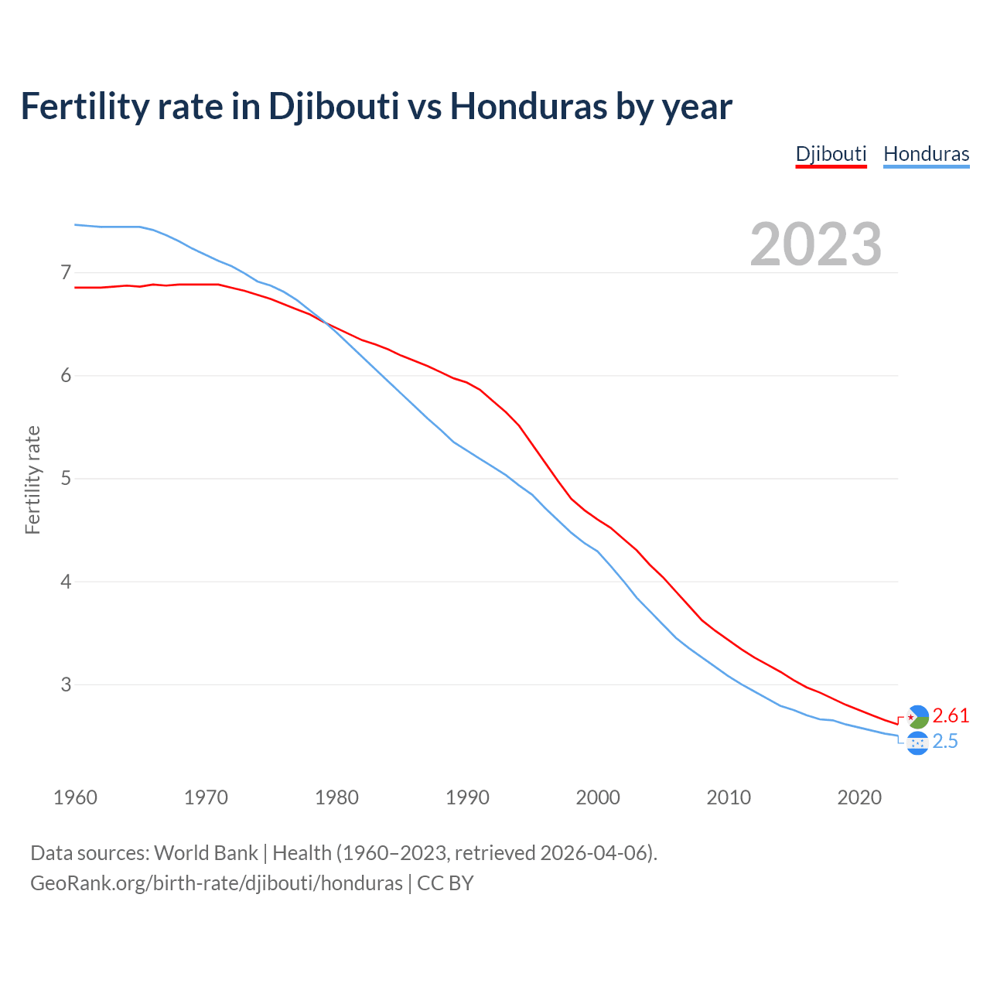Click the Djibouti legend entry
point(831,154)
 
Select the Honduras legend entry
point(926,154)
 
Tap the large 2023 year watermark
point(815,244)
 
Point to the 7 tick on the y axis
point(66,272)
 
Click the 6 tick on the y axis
point(66,375)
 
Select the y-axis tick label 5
point(66,478)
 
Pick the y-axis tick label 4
point(66,582)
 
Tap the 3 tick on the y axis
point(66,684)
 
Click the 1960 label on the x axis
point(75,797)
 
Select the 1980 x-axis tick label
point(336,797)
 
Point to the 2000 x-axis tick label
point(598,797)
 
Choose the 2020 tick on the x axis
point(859,797)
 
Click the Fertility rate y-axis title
point(32,480)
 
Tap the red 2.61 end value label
point(951,715)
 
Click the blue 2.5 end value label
point(945,742)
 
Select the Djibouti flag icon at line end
point(917,717)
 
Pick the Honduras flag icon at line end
point(917,743)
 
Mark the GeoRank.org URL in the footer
point(217,883)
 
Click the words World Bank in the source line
point(206,853)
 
